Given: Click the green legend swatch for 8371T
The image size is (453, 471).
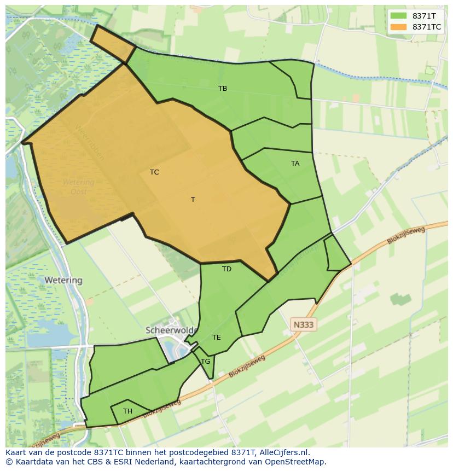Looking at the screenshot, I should point(399,16).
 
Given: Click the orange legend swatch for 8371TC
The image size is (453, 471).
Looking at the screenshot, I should point(399,27).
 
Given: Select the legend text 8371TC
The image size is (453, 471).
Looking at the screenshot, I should point(427,27).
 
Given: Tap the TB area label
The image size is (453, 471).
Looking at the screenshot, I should point(223,88).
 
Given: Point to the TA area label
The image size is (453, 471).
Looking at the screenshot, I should point(295,163).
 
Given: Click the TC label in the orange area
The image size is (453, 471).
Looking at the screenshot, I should point(154,172).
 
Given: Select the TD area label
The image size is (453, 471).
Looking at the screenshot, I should point(226,269).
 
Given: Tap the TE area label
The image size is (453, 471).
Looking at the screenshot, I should point(217,337).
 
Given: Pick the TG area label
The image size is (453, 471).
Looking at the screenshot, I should point(206,361).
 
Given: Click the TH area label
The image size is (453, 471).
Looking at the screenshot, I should point(127,411).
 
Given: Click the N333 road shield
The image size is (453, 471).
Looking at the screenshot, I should point(304,324).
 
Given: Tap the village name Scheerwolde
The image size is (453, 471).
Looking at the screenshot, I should point(170,330).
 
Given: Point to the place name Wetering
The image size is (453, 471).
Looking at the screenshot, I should point(63,280).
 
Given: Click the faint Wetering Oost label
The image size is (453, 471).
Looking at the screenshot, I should point(78,187).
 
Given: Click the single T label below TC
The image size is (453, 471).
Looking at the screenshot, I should point(193,199).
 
